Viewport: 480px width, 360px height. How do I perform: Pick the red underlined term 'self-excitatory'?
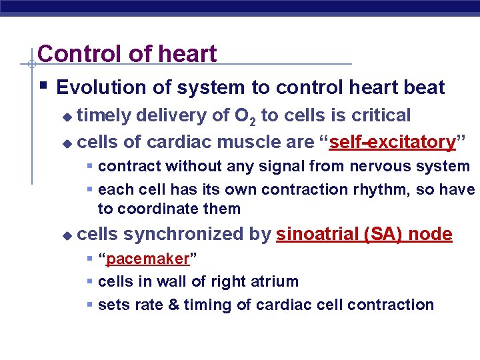393,142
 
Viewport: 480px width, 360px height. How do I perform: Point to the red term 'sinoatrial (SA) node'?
364,234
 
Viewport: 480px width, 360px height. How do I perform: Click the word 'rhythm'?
377,189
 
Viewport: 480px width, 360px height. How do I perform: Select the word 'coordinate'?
156,209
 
